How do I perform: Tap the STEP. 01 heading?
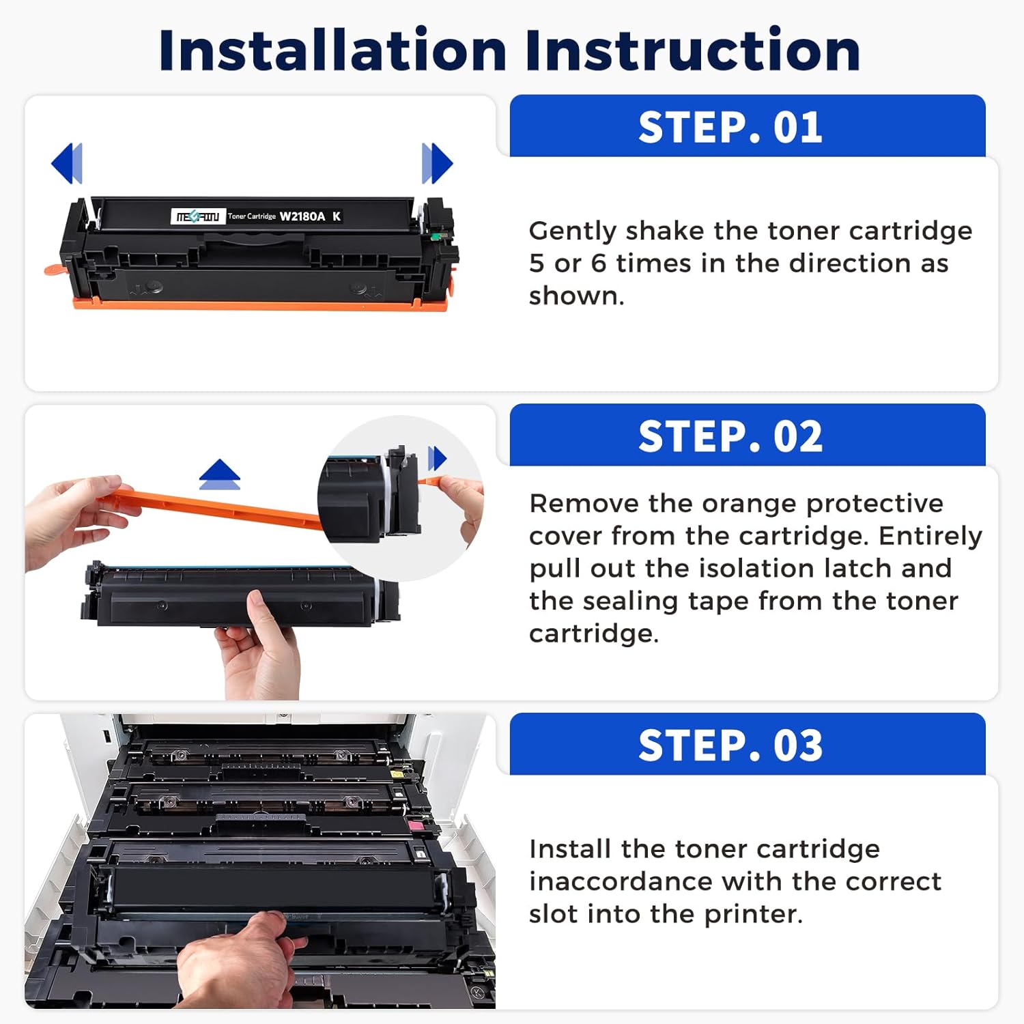[x=730, y=128]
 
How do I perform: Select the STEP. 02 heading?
[x=730, y=436]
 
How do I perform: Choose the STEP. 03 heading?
[x=730, y=745]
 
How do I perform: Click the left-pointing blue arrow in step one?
[x=68, y=163]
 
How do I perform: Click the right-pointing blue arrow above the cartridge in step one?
[x=437, y=163]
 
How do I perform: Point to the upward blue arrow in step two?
[x=219, y=474]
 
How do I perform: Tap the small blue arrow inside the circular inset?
[x=437, y=458]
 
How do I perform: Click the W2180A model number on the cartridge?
[x=302, y=216]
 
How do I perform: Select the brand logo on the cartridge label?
[x=197, y=216]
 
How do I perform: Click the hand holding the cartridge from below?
[x=259, y=649]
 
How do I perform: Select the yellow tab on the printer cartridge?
[x=396, y=775]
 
